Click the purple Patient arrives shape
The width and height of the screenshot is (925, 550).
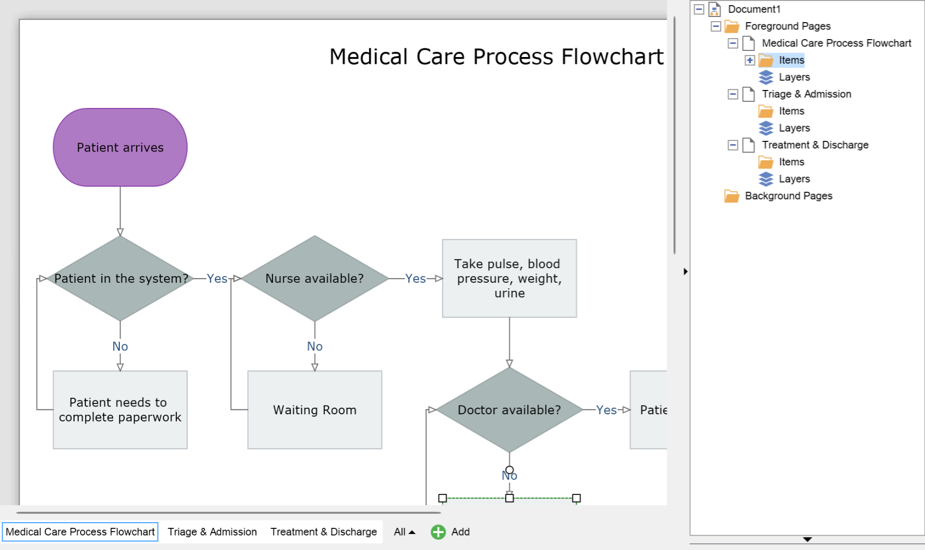[120, 147]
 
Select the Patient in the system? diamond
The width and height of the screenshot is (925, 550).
[120, 279]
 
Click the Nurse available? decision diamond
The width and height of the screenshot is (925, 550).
[314, 279]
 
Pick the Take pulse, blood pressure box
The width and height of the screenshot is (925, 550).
[509, 278]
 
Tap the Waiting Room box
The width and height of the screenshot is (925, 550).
[314, 410]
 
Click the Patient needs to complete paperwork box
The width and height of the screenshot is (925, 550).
[120, 410]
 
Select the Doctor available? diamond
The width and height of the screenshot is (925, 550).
[509, 410]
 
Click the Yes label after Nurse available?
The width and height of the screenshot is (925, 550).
[415, 279]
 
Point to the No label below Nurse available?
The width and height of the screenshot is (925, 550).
[314, 346]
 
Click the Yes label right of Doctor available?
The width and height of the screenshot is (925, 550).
[606, 410]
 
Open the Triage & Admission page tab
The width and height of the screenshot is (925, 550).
[212, 532]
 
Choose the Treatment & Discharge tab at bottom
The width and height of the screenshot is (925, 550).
[324, 532]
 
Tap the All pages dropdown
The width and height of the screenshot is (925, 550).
[404, 532]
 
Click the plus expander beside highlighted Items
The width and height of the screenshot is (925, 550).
[750, 60]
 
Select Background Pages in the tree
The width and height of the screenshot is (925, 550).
[788, 196]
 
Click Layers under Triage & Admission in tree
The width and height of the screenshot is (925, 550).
[794, 128]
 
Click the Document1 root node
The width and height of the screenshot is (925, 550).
[754, 9]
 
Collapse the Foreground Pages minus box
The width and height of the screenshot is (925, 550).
[716, 26]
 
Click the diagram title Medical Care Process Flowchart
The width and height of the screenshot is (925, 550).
[496, 57]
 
